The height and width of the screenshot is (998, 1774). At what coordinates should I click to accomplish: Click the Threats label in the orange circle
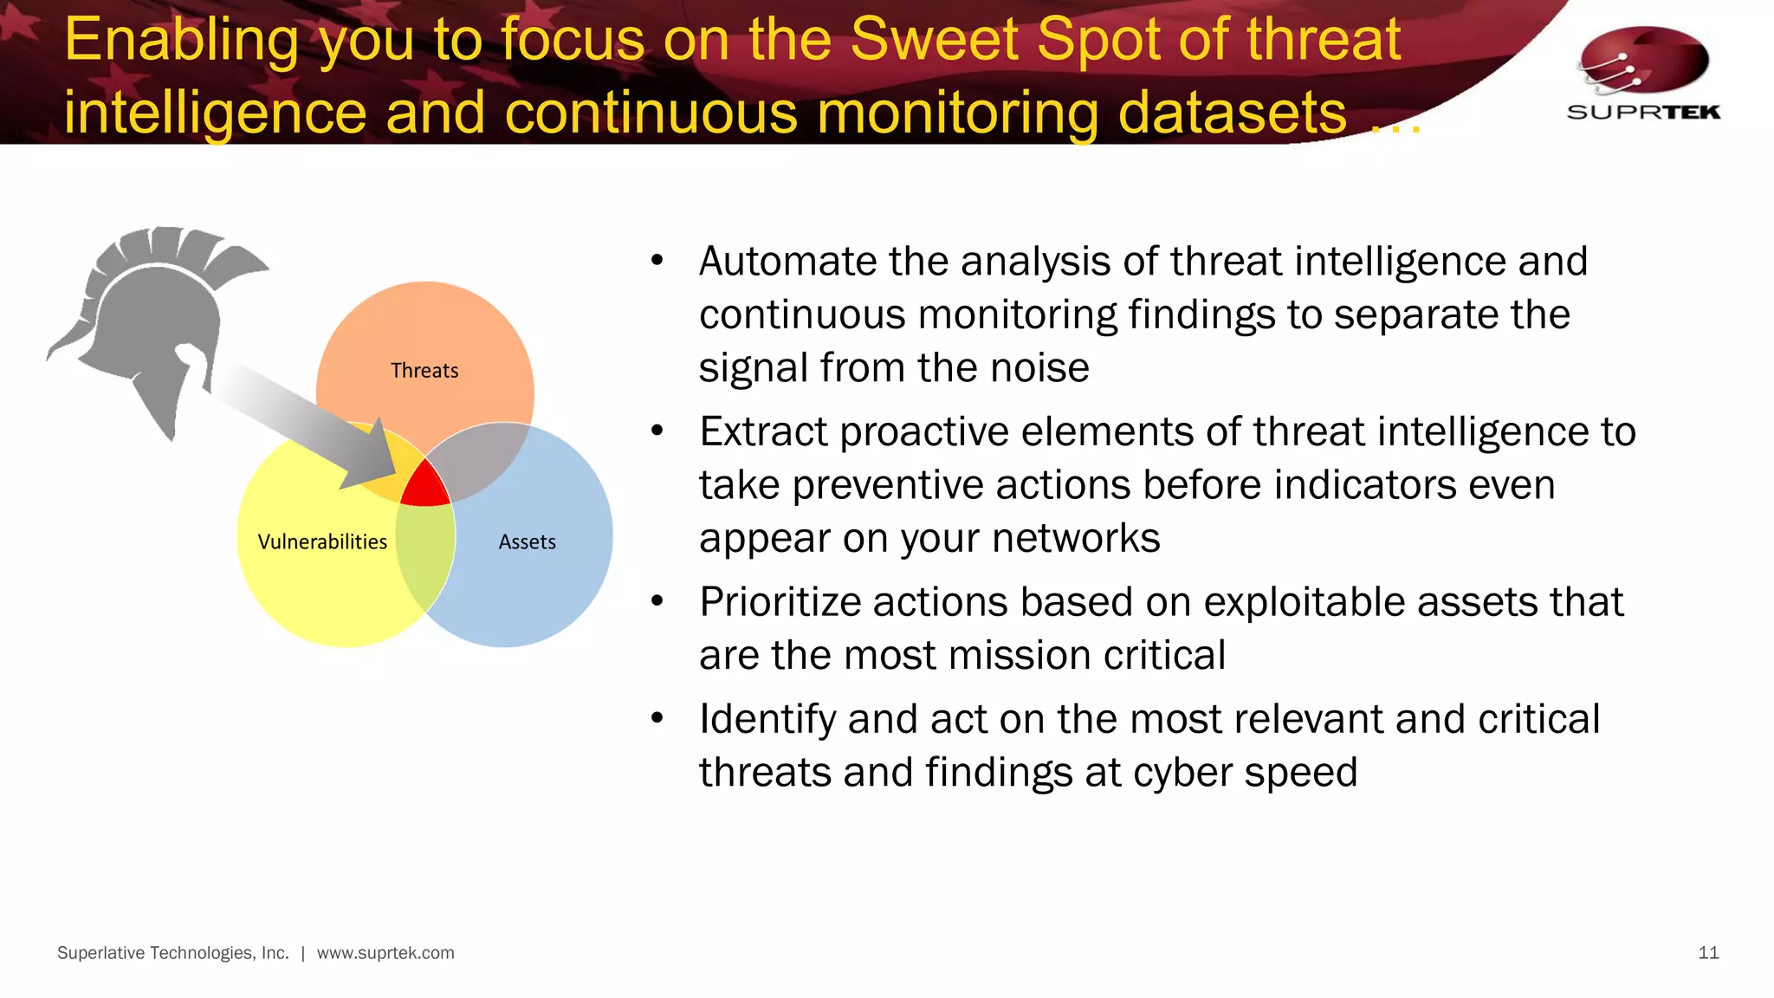(x=424, y=371)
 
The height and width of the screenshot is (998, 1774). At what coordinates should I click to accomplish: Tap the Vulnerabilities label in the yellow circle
(x=322, y=542)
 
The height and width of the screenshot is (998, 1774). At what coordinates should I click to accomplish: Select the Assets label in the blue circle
(x=527, y=542)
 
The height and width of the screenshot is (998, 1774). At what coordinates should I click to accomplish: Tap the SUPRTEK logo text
(x=1643, y=112)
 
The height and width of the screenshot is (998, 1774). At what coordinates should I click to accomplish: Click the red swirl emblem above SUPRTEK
(x=1643, y=61)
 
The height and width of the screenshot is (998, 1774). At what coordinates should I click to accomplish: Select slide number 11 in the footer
(x=1708, y=953)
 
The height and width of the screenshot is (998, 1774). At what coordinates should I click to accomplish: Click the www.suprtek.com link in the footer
(x=385, y=953)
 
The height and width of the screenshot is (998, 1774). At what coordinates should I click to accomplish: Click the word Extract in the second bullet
(x=763, y=432)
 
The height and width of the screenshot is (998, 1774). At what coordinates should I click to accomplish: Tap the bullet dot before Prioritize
(x=657, y=600)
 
